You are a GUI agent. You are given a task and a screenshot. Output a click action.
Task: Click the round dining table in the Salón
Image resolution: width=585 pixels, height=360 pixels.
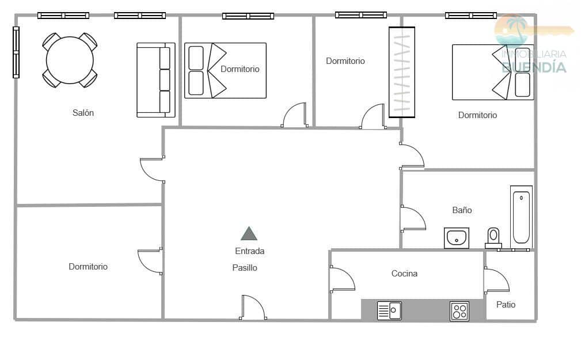[x=70, y=60]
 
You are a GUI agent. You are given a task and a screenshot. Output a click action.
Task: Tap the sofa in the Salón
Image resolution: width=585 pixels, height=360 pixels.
[x=156, y=80]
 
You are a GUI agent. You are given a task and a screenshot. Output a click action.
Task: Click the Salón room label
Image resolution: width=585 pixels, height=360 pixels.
[x=83, y=113]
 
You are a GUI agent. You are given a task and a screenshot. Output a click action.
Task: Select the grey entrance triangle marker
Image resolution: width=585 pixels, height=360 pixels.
[x=249, y=233]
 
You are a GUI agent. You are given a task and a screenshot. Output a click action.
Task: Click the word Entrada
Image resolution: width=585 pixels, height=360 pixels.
[x=249, y=251]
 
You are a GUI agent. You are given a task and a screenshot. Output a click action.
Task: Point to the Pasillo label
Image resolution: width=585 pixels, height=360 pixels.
[x=245, y=267]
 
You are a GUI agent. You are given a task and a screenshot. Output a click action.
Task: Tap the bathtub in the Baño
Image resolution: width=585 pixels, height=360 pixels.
[x=521, y=217]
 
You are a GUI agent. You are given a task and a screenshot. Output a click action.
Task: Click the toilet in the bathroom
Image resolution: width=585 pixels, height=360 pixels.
[x=493, y=238]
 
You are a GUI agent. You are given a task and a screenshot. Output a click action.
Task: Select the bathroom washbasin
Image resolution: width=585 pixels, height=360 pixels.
[x=456, y=238]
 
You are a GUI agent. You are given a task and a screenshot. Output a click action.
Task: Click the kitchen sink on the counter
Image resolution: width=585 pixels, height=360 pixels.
[x=389, y=310]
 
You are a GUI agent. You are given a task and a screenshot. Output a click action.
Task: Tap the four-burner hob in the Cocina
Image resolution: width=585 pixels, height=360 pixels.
[x=459, y=311]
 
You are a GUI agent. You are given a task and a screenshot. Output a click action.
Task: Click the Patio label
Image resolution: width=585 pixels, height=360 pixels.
[x=506, y=305]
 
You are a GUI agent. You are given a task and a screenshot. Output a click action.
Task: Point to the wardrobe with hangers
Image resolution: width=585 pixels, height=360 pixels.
[x=402, y=73]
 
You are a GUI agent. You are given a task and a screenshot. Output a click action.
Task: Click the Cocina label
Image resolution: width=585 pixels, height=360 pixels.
[x=404, y=274]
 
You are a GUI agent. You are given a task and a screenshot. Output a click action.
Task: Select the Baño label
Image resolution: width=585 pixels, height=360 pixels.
[x=462, y=210]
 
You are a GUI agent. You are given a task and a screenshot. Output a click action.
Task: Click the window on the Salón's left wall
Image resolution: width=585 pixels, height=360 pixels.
[x=16, y=52]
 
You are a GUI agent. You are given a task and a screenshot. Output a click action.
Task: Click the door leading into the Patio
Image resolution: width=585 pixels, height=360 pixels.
[x=496, y=280]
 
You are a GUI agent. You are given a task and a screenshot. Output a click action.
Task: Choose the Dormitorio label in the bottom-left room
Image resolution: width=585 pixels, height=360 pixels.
[x=88, y=266]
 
